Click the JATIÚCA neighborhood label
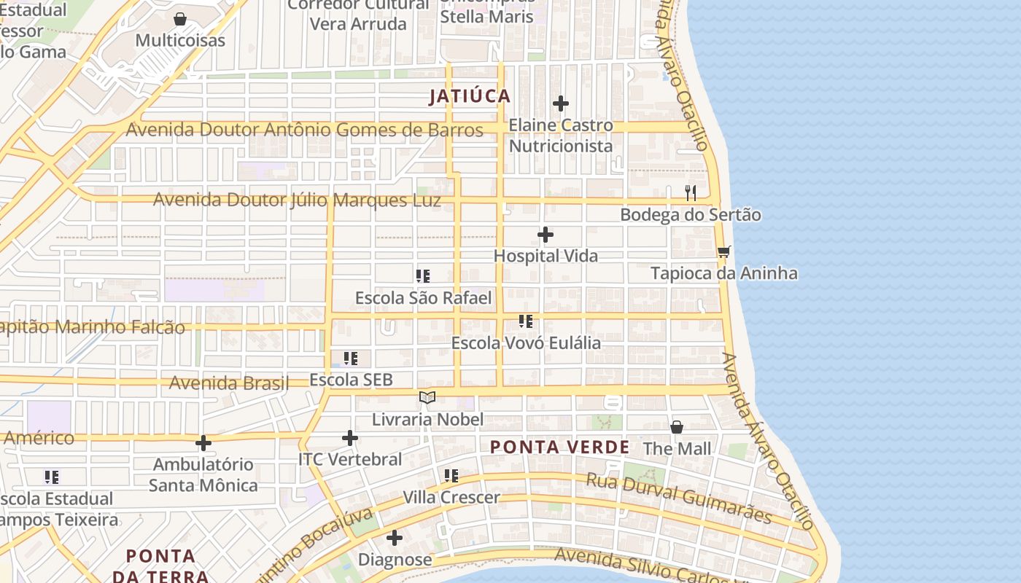pos(470,96)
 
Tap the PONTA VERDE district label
pos(559,447)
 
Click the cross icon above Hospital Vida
pos(546,235)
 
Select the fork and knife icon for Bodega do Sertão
pos(691,193)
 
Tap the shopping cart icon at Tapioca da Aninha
pos(723,252)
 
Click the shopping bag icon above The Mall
pos(677,427)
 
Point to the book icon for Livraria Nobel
pos(427,398)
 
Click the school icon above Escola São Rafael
pos(423,276)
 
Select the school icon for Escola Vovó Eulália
pos(526,321)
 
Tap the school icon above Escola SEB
pos(351,359)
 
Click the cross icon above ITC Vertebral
pos(350,438)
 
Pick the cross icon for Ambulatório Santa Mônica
pos(203,442)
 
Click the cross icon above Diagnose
pos(395,539)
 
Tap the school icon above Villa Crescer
pos(451,476)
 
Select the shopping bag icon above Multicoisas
pos(180,19)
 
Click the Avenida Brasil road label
pos(229,383)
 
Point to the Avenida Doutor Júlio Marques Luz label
pos(297,200)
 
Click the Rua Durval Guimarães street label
pos(679,498)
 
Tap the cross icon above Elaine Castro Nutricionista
pos(560,103)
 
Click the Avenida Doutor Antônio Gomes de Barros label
pos(304,130)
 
